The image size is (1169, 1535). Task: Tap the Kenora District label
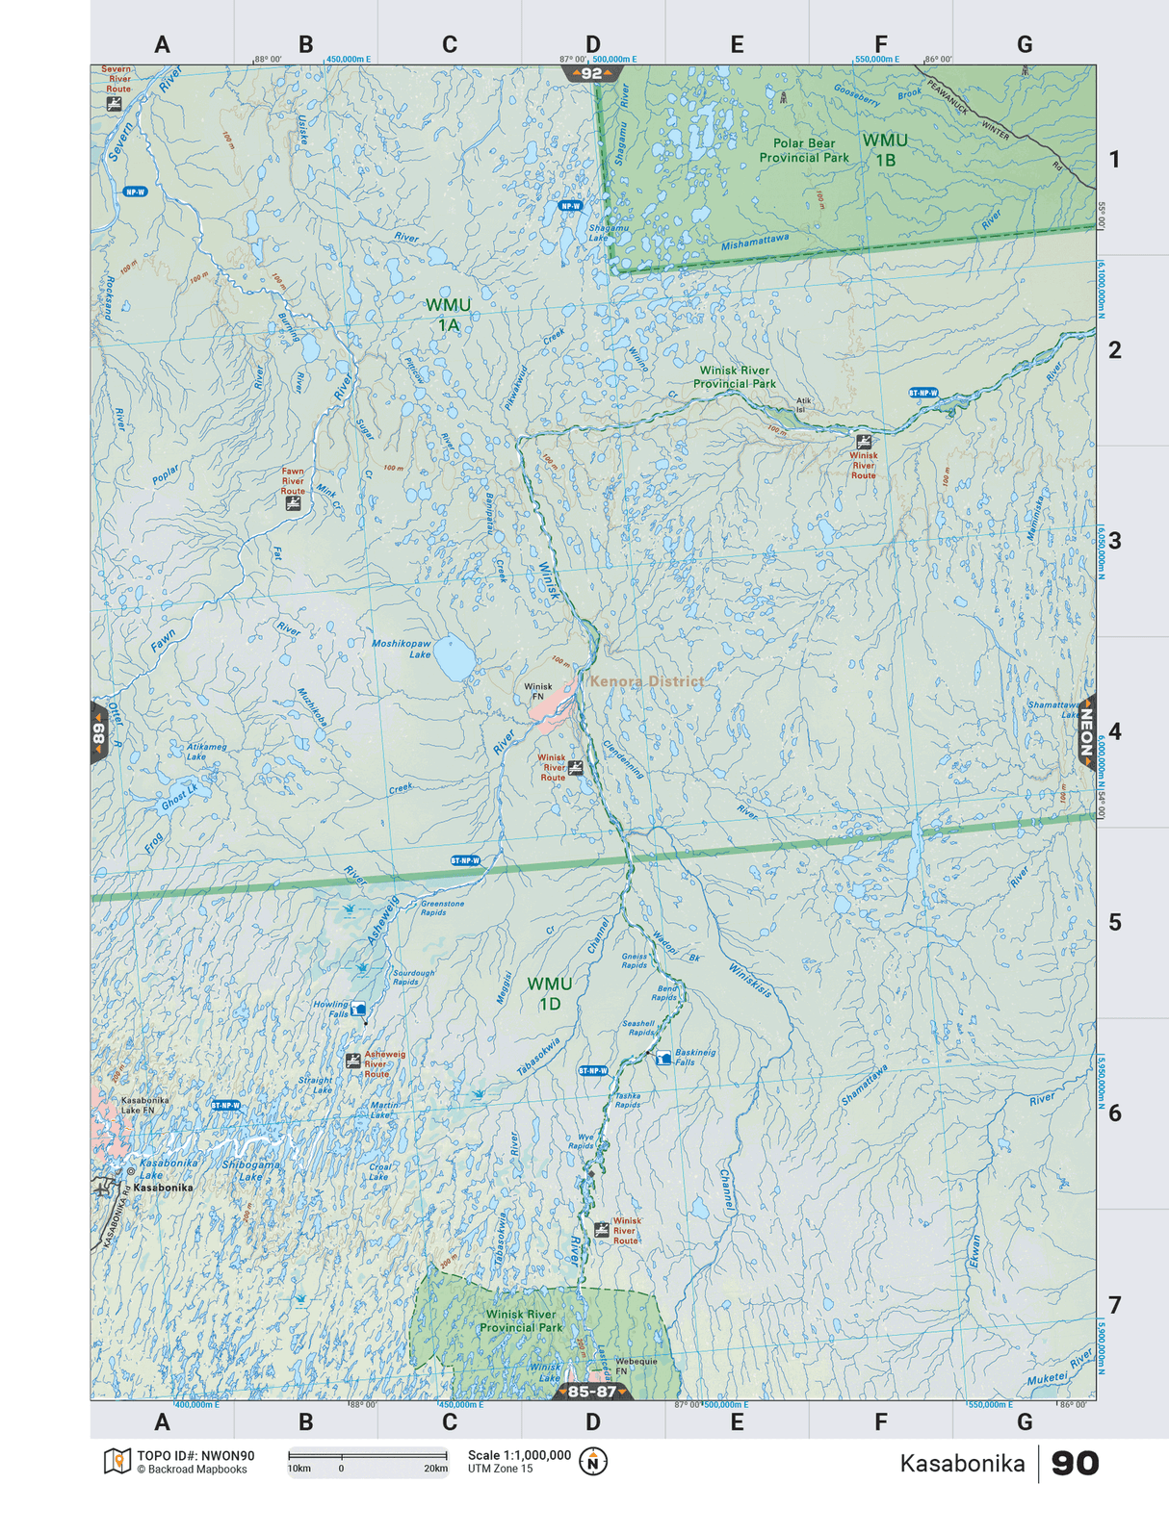[x=646, y=681]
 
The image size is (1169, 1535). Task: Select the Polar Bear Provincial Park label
[x=804, y=150]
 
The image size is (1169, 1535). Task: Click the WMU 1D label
[x=550, y=993]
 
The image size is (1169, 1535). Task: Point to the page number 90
[x=1074, y=1464]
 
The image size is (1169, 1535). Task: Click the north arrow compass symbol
[x=593, y=1462]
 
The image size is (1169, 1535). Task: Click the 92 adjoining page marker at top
[x=591, y=74]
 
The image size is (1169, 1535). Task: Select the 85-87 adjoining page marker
[x=591, y=1392]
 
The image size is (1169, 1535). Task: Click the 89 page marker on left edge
[x=98, y=733]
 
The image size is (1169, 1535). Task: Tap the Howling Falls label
[x=331, y=1009]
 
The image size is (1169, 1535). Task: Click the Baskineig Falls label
[x=695, y=1057]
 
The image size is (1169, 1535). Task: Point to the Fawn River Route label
[x=293, y=481]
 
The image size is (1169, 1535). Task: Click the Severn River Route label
[x=117, y=79]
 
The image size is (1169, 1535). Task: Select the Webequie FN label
[x=636, y=1366]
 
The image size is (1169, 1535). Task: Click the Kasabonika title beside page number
[x=961, y=1464]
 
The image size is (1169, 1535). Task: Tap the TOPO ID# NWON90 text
[x=195, y=1456]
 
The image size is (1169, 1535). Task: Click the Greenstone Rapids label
[x=442, y=908]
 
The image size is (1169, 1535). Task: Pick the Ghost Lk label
[x=179, y=795]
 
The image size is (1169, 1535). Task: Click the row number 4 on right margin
[x=1114, y=731]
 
